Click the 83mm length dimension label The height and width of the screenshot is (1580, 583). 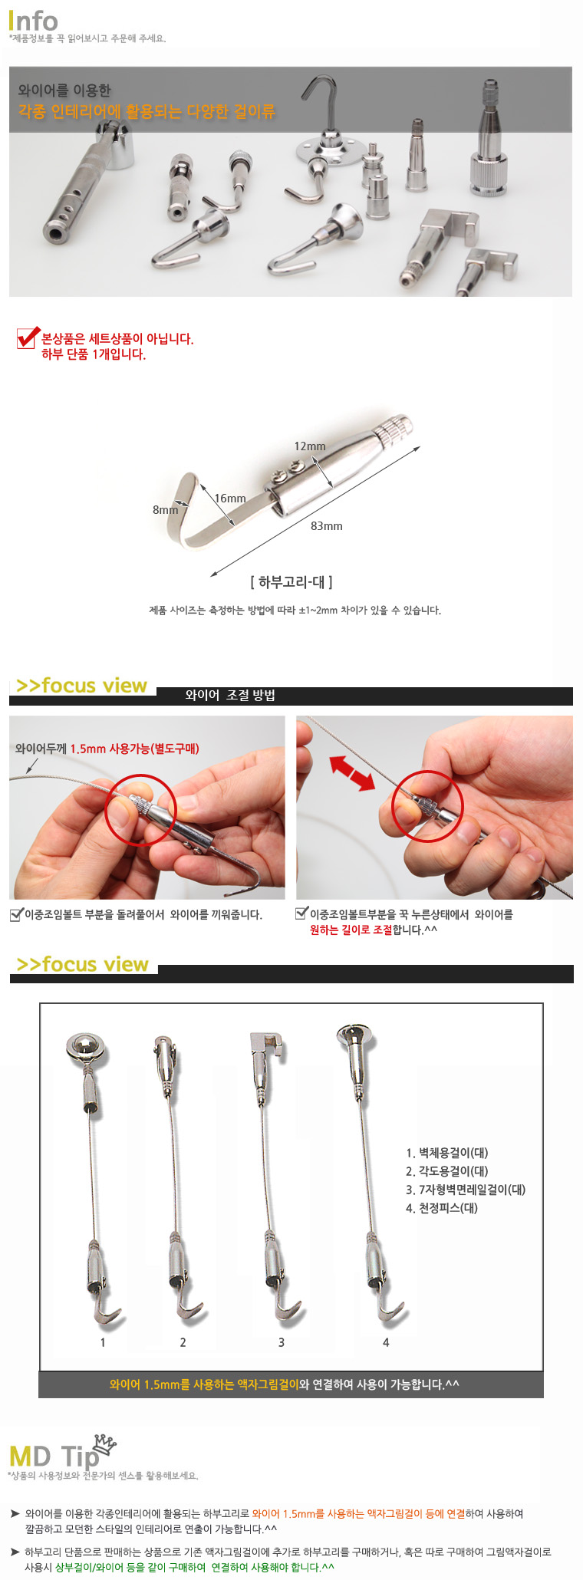[x=327, y=526]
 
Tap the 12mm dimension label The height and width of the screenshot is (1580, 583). [x=310, y=446]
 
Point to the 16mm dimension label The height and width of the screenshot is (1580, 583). [x=230, y=499]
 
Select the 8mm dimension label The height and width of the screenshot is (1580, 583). [x=165, y=509]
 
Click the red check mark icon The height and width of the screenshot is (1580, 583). [x=28, y=337]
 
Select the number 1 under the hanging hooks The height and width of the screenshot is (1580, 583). [x=103, y=1342]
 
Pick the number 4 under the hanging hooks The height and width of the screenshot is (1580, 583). [x=386, y=1342]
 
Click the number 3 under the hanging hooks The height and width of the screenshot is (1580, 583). [x=282, y=1342]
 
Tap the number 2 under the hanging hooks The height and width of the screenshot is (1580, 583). [x=183, y=1342]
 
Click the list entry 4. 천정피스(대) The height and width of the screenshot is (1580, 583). [x=442, y=1208]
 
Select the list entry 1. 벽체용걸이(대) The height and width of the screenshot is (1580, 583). [x=447, y=1153]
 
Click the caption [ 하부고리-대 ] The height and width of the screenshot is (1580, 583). [x=291, y=582]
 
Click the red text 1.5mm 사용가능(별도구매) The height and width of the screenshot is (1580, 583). [x=135, y=749]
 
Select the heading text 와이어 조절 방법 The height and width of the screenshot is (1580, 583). [x=230, y=696]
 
